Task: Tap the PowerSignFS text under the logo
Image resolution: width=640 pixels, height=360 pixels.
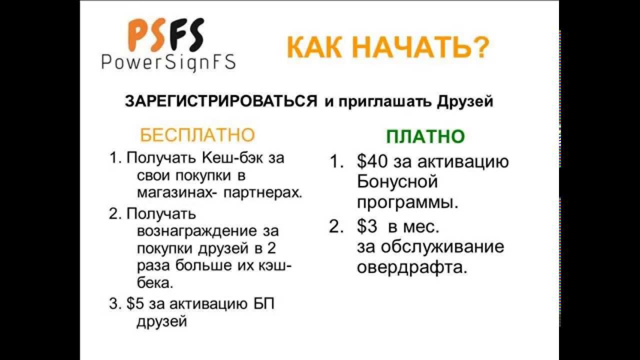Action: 168,62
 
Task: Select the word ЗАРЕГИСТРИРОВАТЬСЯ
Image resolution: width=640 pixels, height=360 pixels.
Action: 221,101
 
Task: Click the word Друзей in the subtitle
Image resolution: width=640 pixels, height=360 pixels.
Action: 465,101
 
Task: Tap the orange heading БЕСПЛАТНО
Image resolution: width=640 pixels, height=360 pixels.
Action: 197,135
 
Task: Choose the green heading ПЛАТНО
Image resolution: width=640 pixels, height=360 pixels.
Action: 425,136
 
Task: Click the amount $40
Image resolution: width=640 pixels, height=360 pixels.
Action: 372,162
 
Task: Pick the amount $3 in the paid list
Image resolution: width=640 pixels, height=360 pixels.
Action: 367,227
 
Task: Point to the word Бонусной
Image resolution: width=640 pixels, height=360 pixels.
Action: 397,181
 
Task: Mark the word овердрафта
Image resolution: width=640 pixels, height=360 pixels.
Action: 412,267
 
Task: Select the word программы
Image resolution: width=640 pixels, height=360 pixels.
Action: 407,202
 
